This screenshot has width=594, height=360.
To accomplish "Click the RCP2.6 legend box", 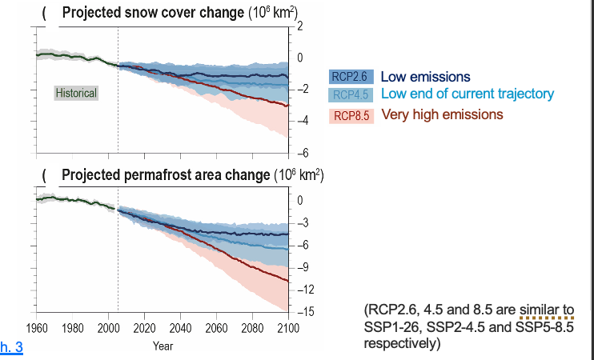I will pyautogui.click(x=349, y=78).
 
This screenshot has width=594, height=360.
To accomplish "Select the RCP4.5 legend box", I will pyautogui.click(x=349, y=95).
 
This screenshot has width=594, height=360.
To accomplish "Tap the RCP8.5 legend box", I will pyautogui.click(x=349, y=115).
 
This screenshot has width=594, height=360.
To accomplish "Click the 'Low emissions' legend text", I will pyautogui.click(x=425, y=77).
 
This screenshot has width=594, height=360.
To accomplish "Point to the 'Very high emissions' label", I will pyautogui.click(x=442, y=114).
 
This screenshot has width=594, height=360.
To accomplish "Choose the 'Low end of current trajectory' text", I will pyautogui.click(x=467, y=94).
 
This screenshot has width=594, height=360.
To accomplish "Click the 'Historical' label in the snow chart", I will pyautogui.click(x=76, y=93).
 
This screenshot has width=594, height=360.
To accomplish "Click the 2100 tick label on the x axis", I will pyautogui.click(x=288, y=328).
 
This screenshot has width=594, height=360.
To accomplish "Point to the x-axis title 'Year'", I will pyautogui.click(x=163, y=346).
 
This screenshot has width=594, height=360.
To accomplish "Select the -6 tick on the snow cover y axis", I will pyautogui.click(x=303, y=153).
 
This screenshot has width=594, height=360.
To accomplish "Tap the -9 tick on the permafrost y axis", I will pyautogui.click(x=303, y=266).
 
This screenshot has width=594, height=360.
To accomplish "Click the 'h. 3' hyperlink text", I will pyautogui.click(x=12, y=346).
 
